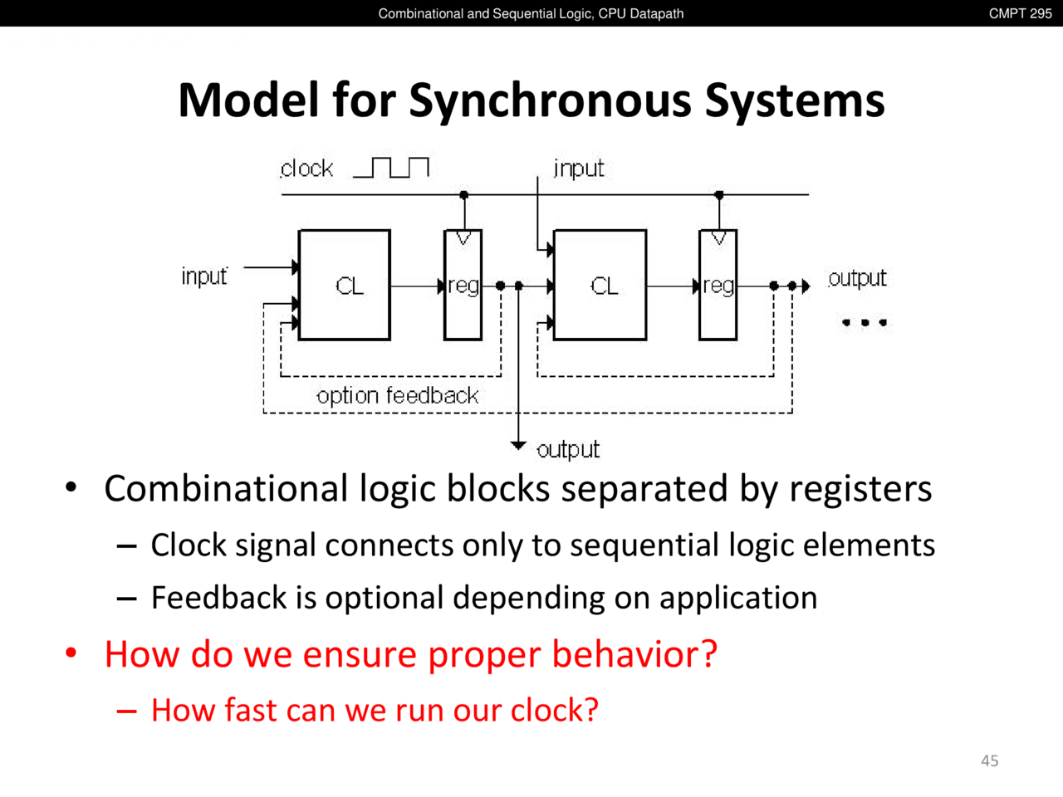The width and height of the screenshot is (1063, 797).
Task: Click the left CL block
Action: (x=344, y=285)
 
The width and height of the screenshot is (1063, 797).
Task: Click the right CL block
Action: (x=600, y=285)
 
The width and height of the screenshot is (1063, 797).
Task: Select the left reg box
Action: (x=463, y=285)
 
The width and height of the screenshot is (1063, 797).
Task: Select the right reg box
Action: (x=718, y=285)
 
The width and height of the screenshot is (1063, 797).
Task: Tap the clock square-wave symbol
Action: (x=391, y=168)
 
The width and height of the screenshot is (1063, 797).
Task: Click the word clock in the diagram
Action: (x=306, y=169)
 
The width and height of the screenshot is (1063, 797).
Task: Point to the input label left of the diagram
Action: (x=204, y=276)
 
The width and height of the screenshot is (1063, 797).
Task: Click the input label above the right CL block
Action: (x=579, y=169)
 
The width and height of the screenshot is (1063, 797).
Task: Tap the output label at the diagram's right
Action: (x=857, y=278)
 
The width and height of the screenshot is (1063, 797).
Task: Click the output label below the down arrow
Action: (x=568, y=450)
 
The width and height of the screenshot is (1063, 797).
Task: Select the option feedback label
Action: (x=397, y=395)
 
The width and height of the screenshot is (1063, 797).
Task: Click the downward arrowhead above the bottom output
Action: (x=518, y=446)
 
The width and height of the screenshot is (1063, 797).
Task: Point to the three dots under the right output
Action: (x=865, y=322)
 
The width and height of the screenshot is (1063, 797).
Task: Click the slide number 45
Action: (x=989, y=760)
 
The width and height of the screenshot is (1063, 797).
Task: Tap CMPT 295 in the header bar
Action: (x=1020, y=13)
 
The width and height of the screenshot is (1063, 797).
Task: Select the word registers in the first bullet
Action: (x=860, y=489)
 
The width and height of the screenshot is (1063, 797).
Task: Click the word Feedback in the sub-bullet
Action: (x=218, y=598)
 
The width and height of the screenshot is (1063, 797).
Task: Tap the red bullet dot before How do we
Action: (x=71, y=653)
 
